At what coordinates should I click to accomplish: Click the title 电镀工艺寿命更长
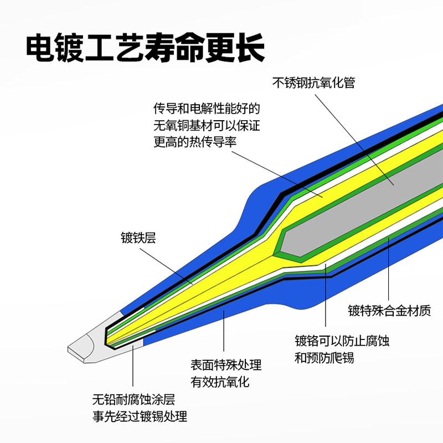145,48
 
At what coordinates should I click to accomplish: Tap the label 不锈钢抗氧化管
313,83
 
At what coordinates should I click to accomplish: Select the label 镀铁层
138,238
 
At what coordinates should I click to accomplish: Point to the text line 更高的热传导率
195,141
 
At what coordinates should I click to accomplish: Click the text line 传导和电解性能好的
207,107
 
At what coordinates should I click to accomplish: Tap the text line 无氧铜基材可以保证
207,124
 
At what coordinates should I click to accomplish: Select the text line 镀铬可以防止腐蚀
342,341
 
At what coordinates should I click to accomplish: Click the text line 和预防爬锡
324,357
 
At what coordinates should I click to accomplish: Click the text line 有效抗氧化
220,382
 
